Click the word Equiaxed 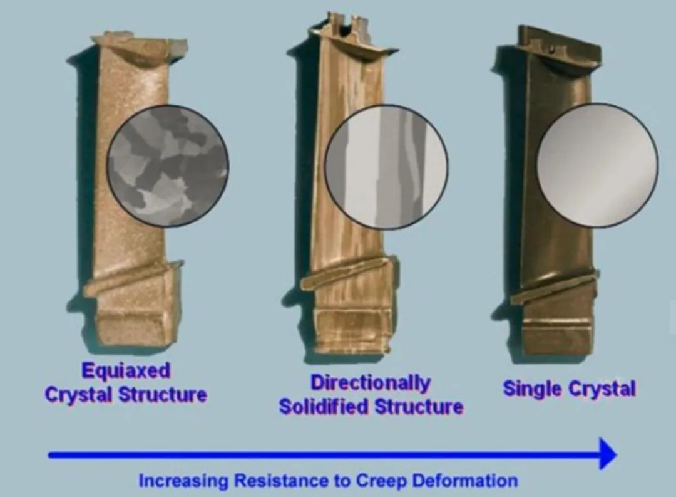126,370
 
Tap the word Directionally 371,383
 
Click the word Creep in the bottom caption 381,480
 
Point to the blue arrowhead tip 617,454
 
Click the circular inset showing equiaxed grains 168,165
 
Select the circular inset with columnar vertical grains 386,167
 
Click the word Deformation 464,480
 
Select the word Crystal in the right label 602,389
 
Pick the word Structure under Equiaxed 163,395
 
